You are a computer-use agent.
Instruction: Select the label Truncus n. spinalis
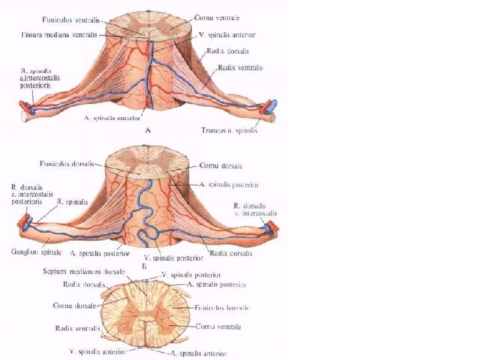[229, 131]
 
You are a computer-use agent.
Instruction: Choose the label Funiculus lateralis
[222, 308]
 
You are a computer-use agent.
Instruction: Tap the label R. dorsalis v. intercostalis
[255, 209]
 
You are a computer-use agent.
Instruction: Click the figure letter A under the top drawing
[148, 131]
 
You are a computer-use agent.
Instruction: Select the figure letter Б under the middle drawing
[144, 266]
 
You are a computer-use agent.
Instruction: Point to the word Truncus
[215, 131]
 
